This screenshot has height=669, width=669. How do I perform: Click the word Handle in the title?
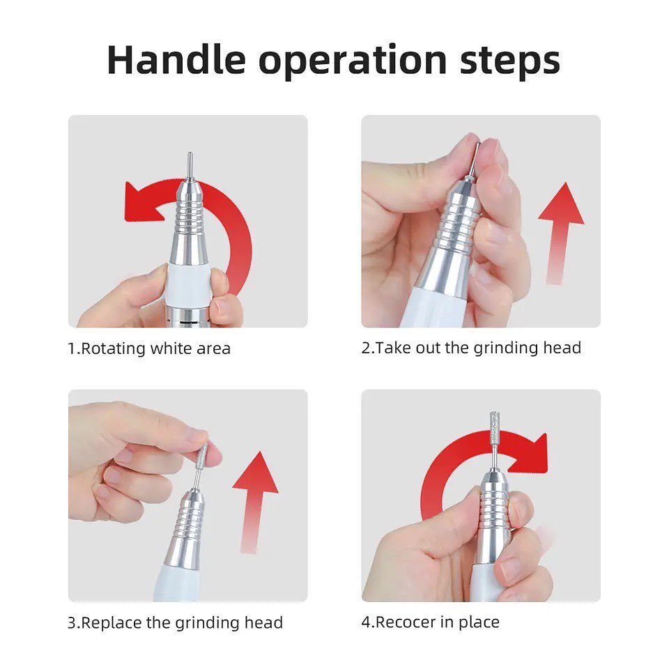coord(176,60)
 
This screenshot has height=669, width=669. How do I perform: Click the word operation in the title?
coord(353,63)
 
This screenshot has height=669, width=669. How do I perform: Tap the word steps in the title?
coord(510,63)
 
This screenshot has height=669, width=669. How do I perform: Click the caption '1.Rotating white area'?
coord(149,348)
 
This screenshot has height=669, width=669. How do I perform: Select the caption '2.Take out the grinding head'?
coord(471,348)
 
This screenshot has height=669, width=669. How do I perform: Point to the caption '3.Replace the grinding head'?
coord(176,623)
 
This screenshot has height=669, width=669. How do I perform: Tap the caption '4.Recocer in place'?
coord(430,622)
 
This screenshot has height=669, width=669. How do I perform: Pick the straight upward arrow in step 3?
coord(255,502)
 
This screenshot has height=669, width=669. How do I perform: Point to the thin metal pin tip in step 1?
coord(190,167)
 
